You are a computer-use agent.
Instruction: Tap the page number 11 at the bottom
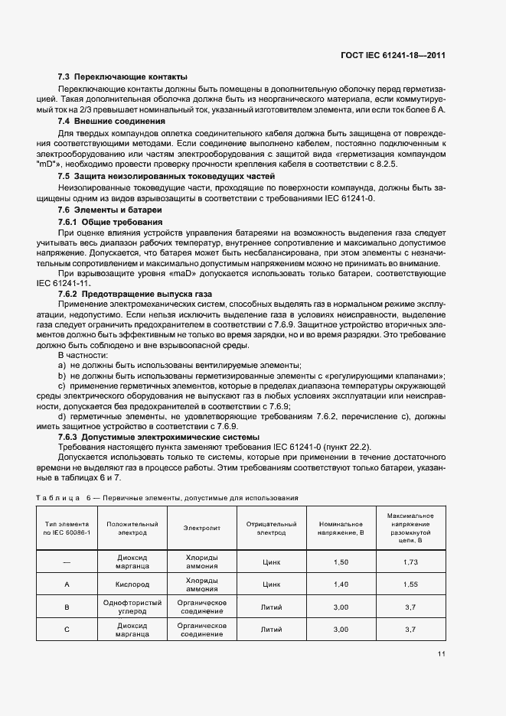pos(442,653)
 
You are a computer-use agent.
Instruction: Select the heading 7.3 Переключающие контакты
pos(122,76)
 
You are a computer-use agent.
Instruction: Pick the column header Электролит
pos(202,529)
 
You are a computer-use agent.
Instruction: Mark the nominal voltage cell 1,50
pos(341,562)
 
